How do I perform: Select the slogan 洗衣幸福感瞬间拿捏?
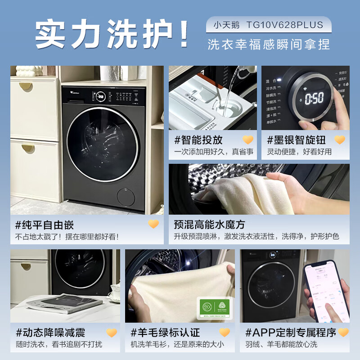coord(269,44)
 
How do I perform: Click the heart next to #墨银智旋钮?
coord(340,140)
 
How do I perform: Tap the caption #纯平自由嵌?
coord(45,225)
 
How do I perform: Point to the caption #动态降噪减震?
coord(50,333)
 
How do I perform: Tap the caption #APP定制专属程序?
coord(291,333)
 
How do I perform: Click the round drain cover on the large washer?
coord(125,197)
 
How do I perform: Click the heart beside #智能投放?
coord(248,140)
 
